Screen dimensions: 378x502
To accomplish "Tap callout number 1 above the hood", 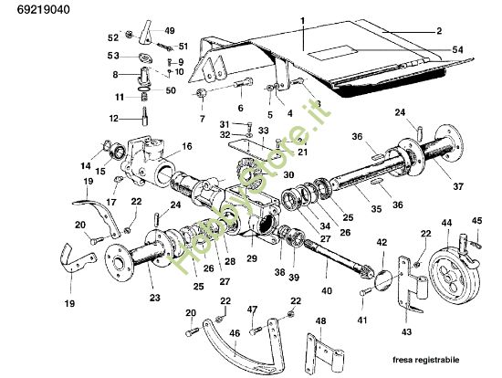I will (302, 19).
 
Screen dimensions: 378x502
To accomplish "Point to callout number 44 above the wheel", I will (446, 223).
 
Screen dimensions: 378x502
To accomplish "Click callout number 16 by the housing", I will (186, 146).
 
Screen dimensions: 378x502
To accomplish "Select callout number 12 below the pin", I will (114, 118).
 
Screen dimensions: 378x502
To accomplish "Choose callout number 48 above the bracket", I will (319, 321).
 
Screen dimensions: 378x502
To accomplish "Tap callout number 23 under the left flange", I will (154, 297).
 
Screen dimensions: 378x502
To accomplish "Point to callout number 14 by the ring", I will (86, 165).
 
